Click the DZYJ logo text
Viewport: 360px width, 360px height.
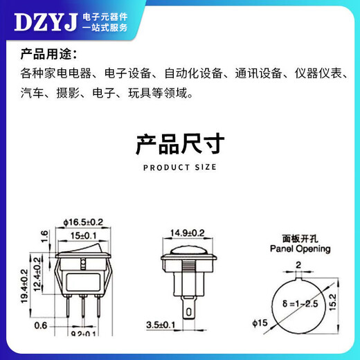pyautogui.click(x=44, y=22)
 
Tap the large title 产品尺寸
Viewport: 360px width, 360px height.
pyautogui.click(x=179, y=145)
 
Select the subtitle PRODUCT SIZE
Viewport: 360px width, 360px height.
pyautogui.click(x=179, y=168)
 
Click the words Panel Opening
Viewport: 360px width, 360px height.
pyautogui.click(x=300, y=249)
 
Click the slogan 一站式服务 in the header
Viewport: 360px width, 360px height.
pyautogui.click(x=105, y=28)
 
